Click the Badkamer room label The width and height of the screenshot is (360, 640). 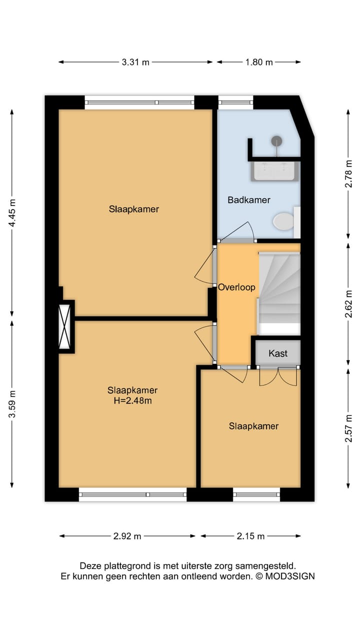(x=249, y=200)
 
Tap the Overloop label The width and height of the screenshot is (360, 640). (x=236, y=287)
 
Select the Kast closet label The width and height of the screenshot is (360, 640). (x=278, y=353)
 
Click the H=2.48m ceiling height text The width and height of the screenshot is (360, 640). (x=132, y=401)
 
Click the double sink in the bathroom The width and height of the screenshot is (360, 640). (x=275, y=171)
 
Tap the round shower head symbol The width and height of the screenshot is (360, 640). (x=276, y=141)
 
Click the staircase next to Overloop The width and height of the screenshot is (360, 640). (x=279, y=293)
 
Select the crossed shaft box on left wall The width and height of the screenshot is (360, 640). (x=64, y=326)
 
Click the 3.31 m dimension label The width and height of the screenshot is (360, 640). (x=135, y=62)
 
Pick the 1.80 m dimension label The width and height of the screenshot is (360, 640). (x=259, y=62)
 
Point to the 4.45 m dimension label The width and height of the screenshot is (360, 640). (x=12, y=213)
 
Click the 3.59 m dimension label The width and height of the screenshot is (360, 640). (x=12, y=403)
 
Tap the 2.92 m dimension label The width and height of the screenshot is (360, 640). (x=127, y=536)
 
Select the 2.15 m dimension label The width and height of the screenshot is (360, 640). (x=250, y=536)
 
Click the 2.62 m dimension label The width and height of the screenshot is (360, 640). (x=348, y=304)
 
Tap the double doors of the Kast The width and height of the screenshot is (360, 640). (x=278, y=376)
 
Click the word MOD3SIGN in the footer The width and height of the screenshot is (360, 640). (x=290, y=576)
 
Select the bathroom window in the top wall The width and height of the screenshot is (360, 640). (x=235, y=102)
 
